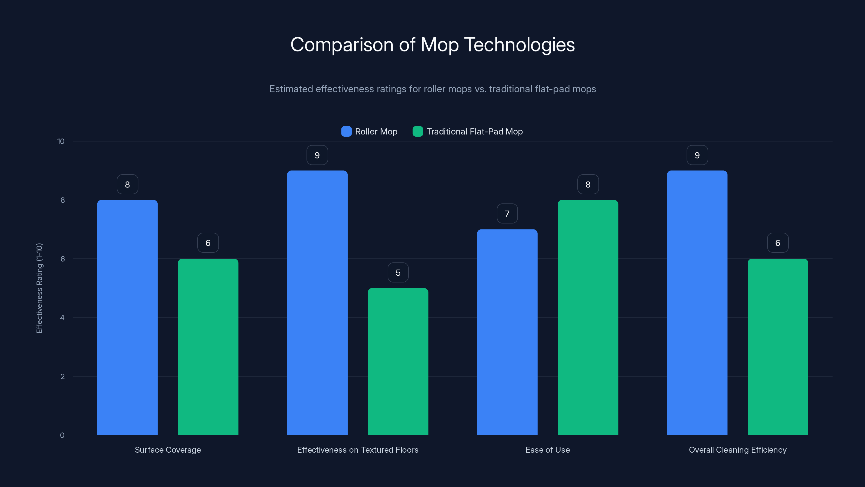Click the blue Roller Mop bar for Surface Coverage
[x=127, y=317]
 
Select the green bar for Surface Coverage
[x=208, y=347]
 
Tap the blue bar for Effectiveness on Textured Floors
[x=317, y=302]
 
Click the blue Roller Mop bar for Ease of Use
[x=507, y=332]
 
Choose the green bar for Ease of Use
[x=588, y=317]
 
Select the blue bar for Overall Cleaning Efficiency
[x=697, y=302]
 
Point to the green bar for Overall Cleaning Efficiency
[x=778, y=347]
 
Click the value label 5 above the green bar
[x=398, y=272]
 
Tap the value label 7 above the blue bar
[x=507, y=213]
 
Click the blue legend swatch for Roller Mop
[x=346, y=131]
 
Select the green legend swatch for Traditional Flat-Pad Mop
[x=418, y=131]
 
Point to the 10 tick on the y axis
[x=61, y=142]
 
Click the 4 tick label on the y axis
[x=62, y=318]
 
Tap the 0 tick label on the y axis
[x=62, y=435]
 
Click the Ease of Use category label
[x=547, y=450]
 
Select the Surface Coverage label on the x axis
[x=168, y=450]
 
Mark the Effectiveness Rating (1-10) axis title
[x=39, y=288]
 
